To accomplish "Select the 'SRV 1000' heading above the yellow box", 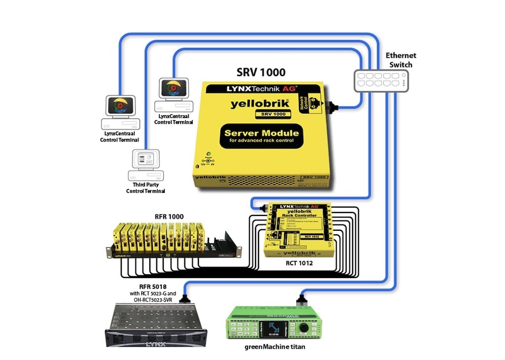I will pos(261,72).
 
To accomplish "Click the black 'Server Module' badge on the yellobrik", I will pos(261,136).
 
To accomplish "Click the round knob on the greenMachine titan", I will pos(305,327).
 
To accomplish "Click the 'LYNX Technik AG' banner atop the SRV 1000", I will pos(261,89).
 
